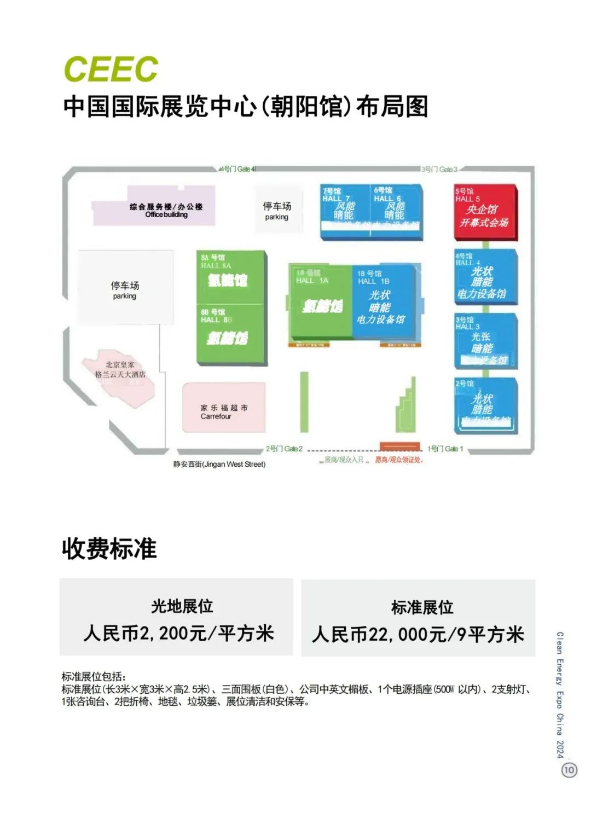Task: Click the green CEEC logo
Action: [111, 69]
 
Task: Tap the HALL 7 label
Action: [335, 199]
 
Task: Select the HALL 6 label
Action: [387, 199]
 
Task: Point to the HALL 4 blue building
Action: [485, 277]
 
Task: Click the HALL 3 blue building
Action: [485, 340]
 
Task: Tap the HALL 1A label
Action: [312, 281]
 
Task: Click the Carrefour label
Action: [216, 416]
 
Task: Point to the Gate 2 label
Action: [284, 449]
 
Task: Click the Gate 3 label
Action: [439, 170]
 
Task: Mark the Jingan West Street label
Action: [219, 465]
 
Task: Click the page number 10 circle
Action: [569, 770]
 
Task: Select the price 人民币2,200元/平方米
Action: [178, 634]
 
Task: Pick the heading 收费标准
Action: [109, 549]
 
